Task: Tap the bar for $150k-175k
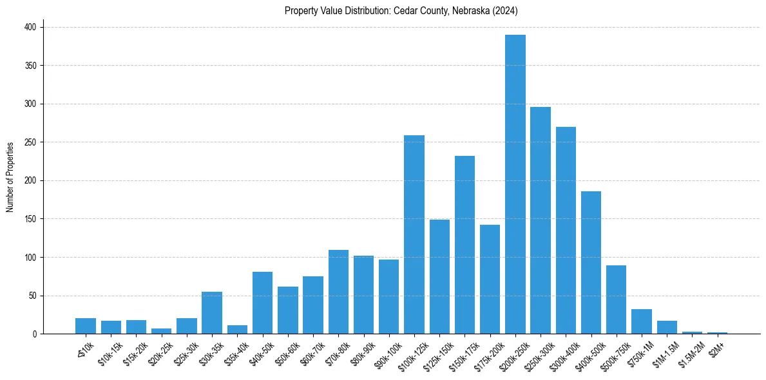coord(464,245)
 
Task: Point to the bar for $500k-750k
coord(617,299)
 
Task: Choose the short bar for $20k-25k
coord(162,331)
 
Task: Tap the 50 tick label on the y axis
coord(33,296)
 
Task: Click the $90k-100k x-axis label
coord(386,351)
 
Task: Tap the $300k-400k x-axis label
coord(562,351)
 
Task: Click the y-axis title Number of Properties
coord(10,176)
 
